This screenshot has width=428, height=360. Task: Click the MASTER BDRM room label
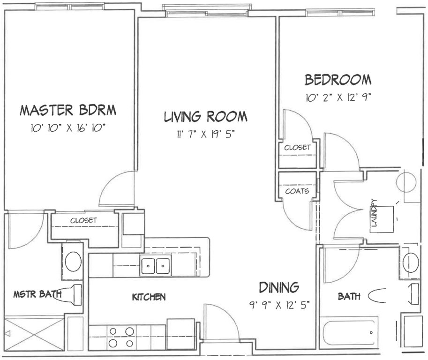click(68, 110)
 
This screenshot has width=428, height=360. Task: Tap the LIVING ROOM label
click(205, 117)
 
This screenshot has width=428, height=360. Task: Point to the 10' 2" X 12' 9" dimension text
click(338, 97)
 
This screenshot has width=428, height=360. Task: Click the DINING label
click(279, 288)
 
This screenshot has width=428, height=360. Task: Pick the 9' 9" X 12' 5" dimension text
click(279, 305)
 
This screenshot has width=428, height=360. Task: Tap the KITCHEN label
click(149, 297)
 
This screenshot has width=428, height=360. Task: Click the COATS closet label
click(297, 191)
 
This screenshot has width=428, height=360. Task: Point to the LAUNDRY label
click(374, 213)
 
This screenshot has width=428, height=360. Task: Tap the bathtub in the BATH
click(349, 332)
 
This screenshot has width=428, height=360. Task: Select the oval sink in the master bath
click(73, 261)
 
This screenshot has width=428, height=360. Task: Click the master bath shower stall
click(34, 334)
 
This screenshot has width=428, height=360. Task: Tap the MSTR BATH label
click(38, 294)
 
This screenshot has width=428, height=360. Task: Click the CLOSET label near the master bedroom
click(83, 220)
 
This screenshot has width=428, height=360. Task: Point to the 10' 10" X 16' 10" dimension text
click(68, 127)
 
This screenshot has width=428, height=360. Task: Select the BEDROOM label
click(338, 80)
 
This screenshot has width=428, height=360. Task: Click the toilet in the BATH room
click(378, 296)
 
